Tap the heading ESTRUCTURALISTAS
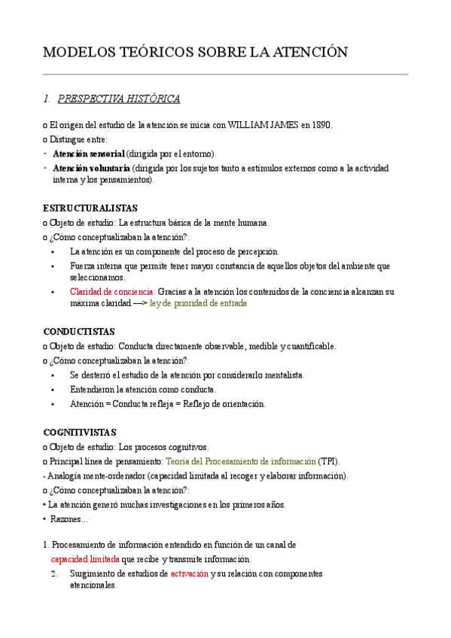pyautogui.click(x=90, y=208)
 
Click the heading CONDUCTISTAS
pyautogui.click(x=79, y=332)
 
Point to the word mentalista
pyautogui.click(x=281, y=375)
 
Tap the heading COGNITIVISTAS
pyautogui.click(x=80, y=433)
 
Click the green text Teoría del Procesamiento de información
pyautogui.click(x=240, y=460)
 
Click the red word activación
pyautogui.click(x=189, y=574)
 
